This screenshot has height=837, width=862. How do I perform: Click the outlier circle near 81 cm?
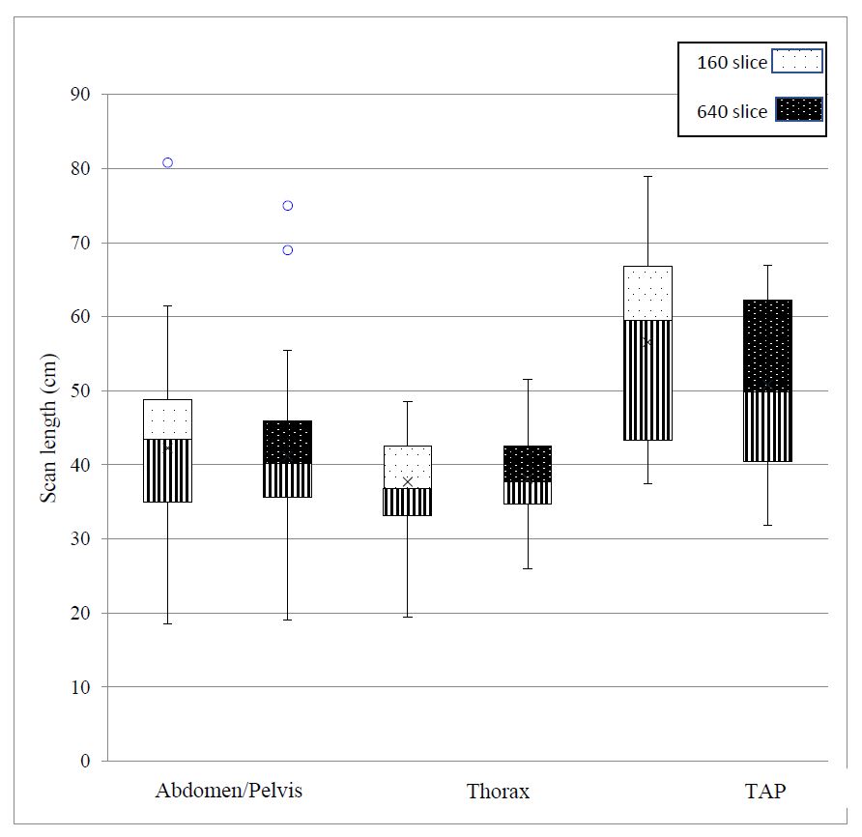click(x=167, y=162)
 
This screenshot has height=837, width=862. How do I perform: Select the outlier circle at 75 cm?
click(x=287, y=206)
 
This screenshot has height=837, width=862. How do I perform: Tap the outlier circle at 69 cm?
click(x=287, y=250)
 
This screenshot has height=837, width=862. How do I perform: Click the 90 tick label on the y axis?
click(x=79, y=95)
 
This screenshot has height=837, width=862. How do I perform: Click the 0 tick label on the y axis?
click(x=85, y=762)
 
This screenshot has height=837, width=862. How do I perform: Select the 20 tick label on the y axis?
click(x=79, y=613)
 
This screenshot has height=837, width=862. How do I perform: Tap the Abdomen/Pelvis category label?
click(x=229, y=791)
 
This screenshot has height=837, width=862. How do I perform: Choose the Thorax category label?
click(x=498, y=792)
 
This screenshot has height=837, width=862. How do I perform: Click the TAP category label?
click(x=765, y=791)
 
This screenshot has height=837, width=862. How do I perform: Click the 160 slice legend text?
click(x=732, y=63)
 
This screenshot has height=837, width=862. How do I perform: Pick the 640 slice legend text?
click(x=732, y=111)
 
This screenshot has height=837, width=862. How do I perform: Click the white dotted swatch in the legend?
click(x=796, y=62)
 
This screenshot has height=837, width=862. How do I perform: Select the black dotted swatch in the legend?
click(x=796, y=110)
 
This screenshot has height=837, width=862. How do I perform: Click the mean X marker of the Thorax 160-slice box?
click(x=407, y=481)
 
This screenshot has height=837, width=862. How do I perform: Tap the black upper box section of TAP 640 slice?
click(x=767, y=345)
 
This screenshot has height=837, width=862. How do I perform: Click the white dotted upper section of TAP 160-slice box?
click(x=647, y=293)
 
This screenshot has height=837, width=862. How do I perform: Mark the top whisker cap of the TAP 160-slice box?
click(x=647, y=177)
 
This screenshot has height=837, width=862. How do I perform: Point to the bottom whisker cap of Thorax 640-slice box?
click(x=528, y=568)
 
